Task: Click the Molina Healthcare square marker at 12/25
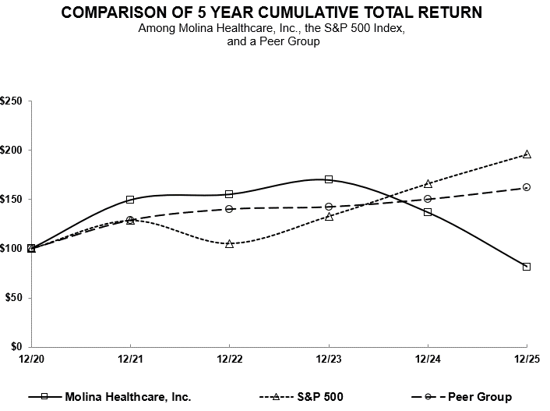coord(527,267)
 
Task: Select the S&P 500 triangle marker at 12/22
coord(229,244)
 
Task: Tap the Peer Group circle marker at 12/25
coord(527,187)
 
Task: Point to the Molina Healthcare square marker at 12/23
coord(329,179)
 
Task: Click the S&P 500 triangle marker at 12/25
coord(527,154)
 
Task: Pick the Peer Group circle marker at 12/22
coord(229,209)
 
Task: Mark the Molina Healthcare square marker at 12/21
coord(130,200)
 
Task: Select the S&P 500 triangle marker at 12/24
coord(428,184)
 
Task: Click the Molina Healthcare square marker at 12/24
coord(428,212)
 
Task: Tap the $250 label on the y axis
coord(12,101)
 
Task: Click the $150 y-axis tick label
coord(12,200)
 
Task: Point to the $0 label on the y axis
coord(16,347)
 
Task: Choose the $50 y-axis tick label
coord(14,298)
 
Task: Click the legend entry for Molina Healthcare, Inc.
coord(129,397)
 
